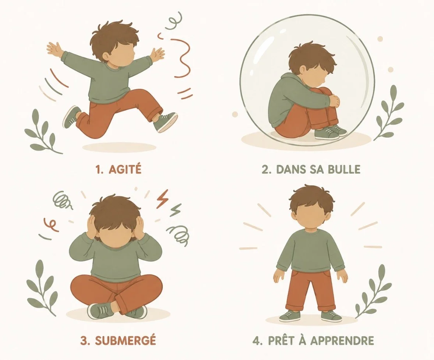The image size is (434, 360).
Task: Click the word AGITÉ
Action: click(125, 169)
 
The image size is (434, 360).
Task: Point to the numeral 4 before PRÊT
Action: click(256, 340)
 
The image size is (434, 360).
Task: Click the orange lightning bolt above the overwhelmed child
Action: click(162, 199)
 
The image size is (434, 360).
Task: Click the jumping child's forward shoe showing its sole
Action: click(166, 122)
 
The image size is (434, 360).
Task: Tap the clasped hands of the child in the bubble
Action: click(335, 101)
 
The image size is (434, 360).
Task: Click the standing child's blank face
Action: click(312, 217)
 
